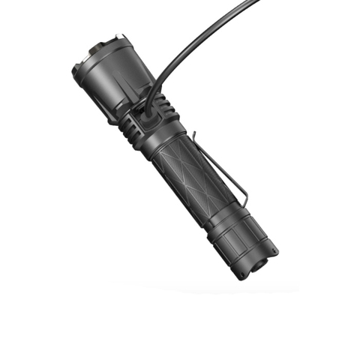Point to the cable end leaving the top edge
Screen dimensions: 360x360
tap(256, 4)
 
